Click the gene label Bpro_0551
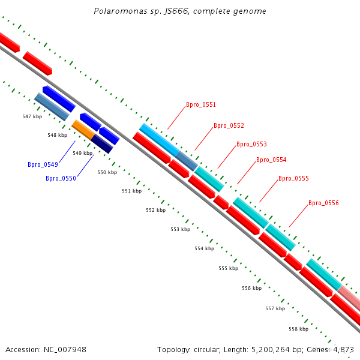(200, 105)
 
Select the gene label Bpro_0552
(229, 126)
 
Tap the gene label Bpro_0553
(251, 145)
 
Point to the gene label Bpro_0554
(271, 160)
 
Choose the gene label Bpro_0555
(293, 179)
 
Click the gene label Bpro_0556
(323, 203)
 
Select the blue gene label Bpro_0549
(43, 164)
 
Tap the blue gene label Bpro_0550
(61, 178)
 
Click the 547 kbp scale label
(32, 116)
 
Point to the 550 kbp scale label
(107, 173)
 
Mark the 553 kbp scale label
(180, 230)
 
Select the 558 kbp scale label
(298, 329)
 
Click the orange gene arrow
(82, 129)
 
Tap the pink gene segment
(349, 297)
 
